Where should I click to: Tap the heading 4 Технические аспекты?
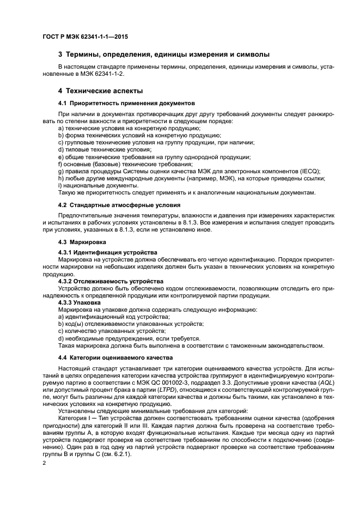point(101,90)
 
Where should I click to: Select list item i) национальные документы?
point(90,185)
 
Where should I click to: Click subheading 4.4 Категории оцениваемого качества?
point(115,357)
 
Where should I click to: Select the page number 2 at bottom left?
point(44,463)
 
